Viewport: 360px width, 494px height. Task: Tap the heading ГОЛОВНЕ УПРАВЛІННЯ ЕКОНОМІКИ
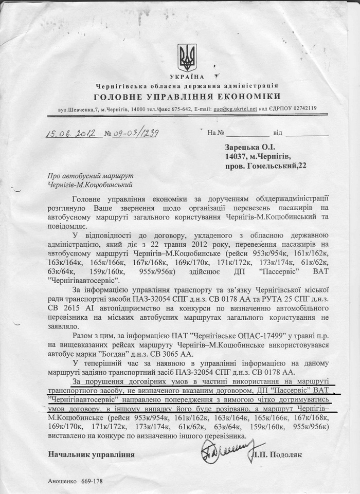(x=187, y=96)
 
